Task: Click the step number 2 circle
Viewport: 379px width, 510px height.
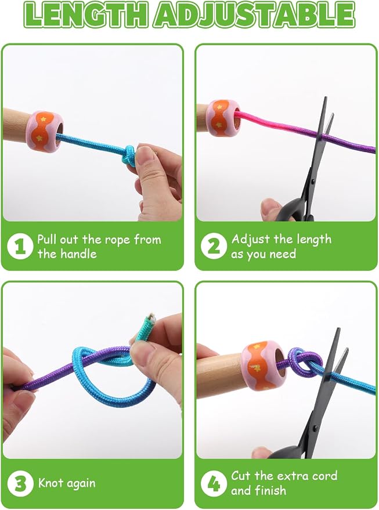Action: pyautogui.click(x=214, y=246)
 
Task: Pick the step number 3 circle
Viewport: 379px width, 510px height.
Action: pyautogui.click(x=20, y=483)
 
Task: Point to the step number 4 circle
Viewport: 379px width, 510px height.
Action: pyautogui.click(x=214, y=483)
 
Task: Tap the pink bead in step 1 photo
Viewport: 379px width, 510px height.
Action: pyautogui.click(x=45, y=131)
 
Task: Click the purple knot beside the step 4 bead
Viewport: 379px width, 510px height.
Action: pyautogui.click(x=304, y=363)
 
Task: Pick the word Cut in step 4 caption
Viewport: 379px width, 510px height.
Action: pyautogui.click(x=241, y=476)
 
